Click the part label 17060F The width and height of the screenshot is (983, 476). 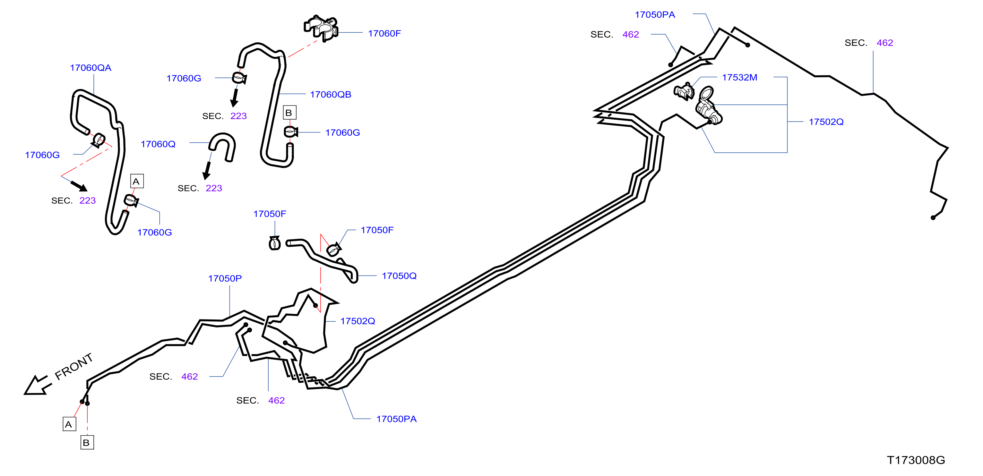click(384, 34)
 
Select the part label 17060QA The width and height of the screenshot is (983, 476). click(91, 68)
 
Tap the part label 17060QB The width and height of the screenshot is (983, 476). click(331, 95)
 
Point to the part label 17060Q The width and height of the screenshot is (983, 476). click(158, 144)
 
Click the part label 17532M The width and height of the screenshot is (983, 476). click(739, 77)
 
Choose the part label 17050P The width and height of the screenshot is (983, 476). click(225, 278)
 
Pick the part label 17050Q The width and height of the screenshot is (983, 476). click(399, 276)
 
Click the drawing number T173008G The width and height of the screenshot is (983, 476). click(916, 460)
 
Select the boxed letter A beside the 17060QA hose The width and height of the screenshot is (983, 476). click(137, 181)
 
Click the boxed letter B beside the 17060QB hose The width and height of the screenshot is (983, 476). click(289, 113)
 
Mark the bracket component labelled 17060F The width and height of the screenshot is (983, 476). click(321, 28)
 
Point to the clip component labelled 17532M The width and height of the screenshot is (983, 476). click(684, 91)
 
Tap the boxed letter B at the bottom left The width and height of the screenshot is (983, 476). click(87, 442)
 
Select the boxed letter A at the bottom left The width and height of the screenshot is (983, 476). click(69, 424)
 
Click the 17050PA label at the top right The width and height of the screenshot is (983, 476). click(655, 15)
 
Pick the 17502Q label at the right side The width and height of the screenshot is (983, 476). click(826, 122)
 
